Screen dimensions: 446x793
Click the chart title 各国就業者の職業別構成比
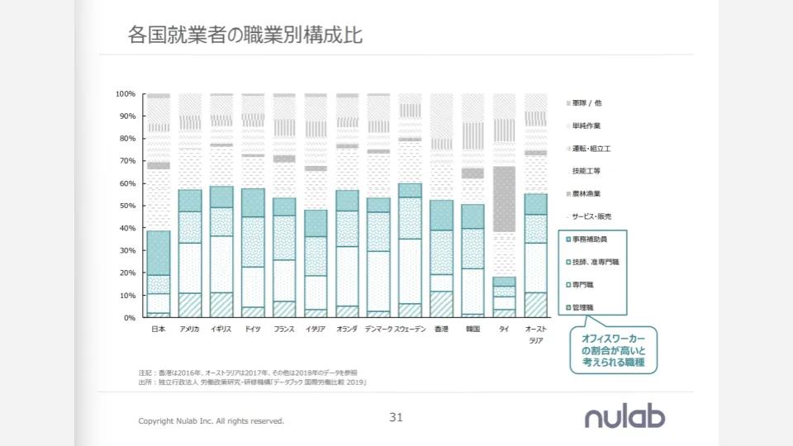(x=245, y=36)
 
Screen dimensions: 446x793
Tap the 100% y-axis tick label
(x=125, y=94)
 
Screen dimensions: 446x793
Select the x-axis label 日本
(x=159, y=329)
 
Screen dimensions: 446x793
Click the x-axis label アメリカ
(x=190, y=329)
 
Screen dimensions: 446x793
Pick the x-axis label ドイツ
(x=253, y=329)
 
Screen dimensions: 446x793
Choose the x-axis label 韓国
(x=472, y=329)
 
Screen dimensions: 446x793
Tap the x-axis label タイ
(x=504, y=329)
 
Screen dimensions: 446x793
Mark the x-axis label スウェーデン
(x=410, y=329)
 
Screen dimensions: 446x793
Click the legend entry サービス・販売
(x=595, y=216)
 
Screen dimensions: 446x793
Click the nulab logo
(x=624, y=418)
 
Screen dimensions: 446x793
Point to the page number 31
(x=396, y=418)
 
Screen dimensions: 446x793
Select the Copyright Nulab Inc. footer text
(x=211, y=421)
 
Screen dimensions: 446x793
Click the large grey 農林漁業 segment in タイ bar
(x=504, y=199)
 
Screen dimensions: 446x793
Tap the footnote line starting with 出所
(x=252, y=383)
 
